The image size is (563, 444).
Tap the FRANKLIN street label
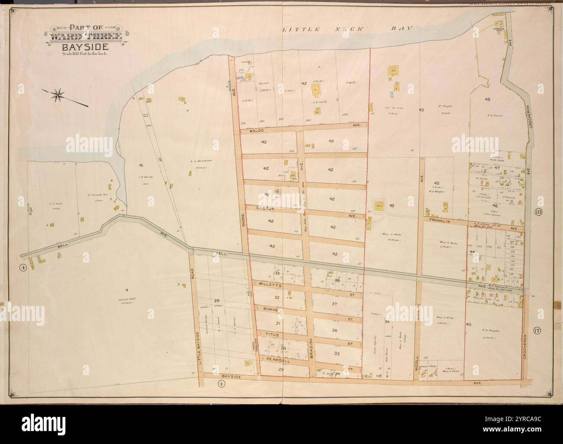[441, 221]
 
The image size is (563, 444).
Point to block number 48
[488, 99]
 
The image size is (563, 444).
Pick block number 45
[437, 183]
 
